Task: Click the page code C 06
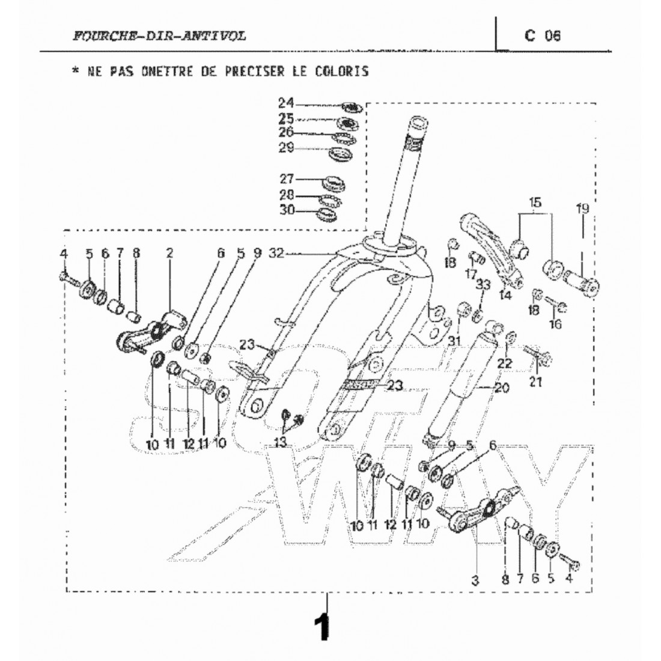[541, 35]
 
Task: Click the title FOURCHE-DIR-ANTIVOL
[158, 36]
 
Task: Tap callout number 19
[581, 209]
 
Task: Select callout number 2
[169, 254]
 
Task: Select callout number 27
[286, 178]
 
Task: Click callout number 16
[555, 324]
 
